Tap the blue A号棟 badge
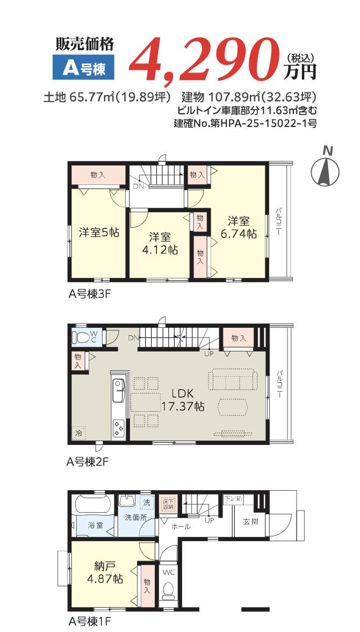(x=84, y=68)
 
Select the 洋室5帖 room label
(x=99, y=232)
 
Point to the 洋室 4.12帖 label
(x=161, y=243)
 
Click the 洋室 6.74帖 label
(x=239, y=227)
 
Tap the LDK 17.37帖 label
(x=183, y=400)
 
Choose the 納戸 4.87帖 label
(x=105, y=572)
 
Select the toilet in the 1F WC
(x=169, y=591)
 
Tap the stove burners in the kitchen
(x=118, y=428)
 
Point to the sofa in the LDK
(x=233, y=380)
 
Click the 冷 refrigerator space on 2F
(x=79, y=433)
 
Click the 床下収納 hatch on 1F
(x=168, y=504)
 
